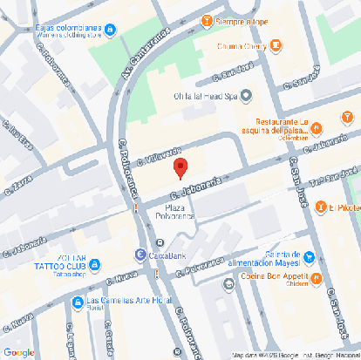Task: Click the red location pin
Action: [x=180, y=168]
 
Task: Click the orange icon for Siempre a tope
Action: [x=206, y=20]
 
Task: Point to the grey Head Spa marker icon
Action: [x=246, y=96]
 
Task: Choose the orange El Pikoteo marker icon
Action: [x=321, y=207]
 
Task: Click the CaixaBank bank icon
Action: [x=140, y=254]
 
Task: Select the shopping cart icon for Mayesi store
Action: [x=308, y=257]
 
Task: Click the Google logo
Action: [x=18, y=351]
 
